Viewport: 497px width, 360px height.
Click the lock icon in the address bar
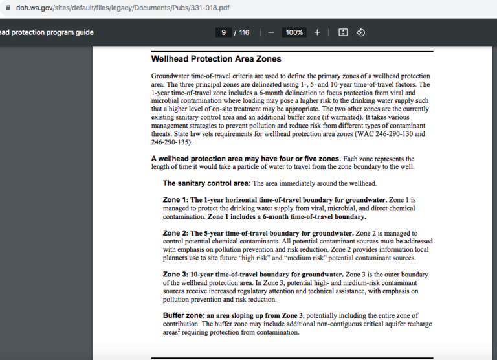pos(8,8)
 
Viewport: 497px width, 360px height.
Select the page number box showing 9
pos(223,32)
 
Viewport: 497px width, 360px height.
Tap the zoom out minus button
pos(271,32)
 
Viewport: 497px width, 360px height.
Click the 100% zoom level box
pos(294,32)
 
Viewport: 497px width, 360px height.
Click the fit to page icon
pos(343,32)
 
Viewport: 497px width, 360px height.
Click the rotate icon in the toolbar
pos(361,32)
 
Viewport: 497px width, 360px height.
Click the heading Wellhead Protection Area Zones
pos(216,59)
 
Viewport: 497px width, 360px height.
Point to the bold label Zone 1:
pos(175,200)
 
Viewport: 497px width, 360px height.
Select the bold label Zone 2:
pos(175,233)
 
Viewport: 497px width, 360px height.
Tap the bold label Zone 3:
pos(175,275)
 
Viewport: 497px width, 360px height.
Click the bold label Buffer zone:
pos(184,315)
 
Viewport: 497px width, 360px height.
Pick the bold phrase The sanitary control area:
pos(206,183)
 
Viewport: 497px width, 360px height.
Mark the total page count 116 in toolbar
pos(244,32)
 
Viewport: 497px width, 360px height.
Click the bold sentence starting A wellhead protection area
pos(245,159)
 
